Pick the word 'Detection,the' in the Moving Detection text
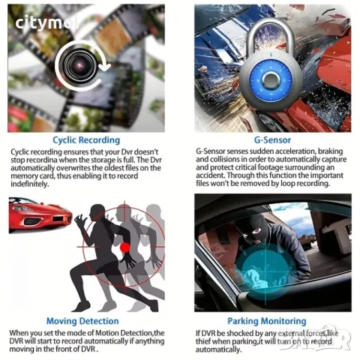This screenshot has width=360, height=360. pos(149,332)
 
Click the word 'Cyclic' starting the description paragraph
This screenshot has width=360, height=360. pos(22,151)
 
